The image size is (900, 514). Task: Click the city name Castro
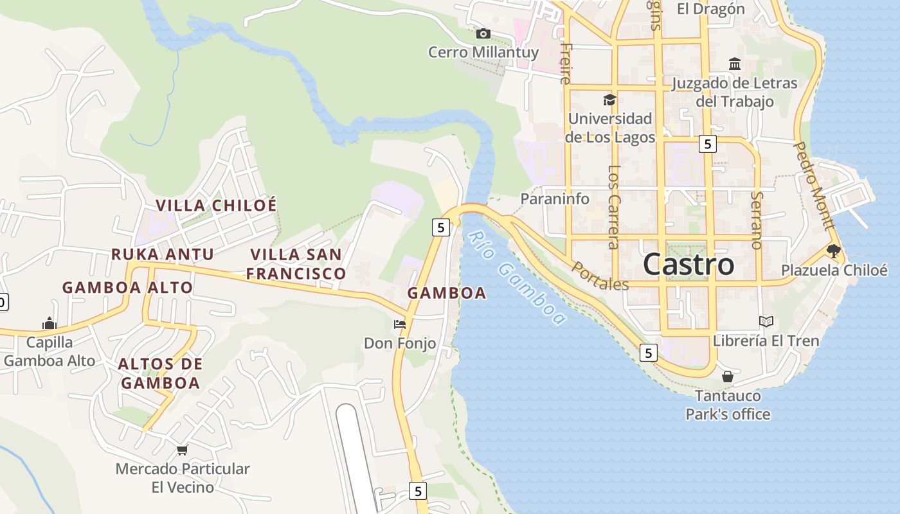(688, 264)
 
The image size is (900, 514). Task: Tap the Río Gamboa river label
(517, 278)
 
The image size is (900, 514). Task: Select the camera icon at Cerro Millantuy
(483, 33)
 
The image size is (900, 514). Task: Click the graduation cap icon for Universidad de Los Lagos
(609, 100)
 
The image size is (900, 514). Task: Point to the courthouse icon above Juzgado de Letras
(735, 64)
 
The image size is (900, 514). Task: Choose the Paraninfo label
(554, 199)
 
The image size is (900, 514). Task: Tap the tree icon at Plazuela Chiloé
(834, 251)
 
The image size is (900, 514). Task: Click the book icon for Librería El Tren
(766, 321)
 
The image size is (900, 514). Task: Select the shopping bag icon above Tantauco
(728, 376)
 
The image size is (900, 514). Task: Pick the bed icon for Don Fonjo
(400, 324)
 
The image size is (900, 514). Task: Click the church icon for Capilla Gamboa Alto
(50, 323)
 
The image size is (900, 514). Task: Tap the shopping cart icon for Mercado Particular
(183, 450)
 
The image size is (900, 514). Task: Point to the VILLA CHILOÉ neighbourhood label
(216, 206)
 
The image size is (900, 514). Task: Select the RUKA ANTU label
(162, 254)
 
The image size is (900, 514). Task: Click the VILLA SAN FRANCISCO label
(296, 264)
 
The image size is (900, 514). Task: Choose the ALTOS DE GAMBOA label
(160, 373)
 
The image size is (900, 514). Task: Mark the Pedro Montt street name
(814, 186)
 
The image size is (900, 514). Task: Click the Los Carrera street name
(613, 207)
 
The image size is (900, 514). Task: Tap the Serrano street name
(757, 220)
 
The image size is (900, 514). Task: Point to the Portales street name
(599, 276)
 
